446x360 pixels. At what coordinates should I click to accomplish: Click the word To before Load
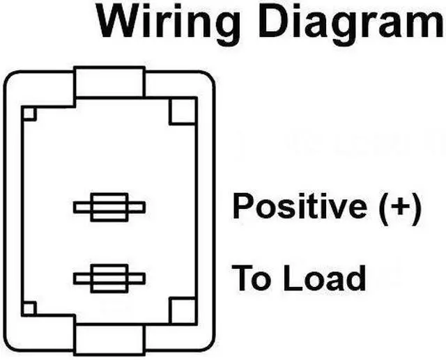pyautogui.click(x=248, y=278)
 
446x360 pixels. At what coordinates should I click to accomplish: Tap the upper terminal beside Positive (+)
pyautogui.click(x=109, y=207)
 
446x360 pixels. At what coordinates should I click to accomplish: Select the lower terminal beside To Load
pyautogui.click(x=109, y=279)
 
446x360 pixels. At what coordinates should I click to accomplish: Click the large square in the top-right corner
pyautogui.click(x=183, y=111)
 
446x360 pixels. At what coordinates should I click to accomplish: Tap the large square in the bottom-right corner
pyautogui.click(x=183, y=309)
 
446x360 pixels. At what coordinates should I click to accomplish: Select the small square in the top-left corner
pyautogui.click(x=29, y=113)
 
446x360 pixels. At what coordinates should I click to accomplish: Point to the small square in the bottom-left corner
pyautogui.click(x=29, y=308)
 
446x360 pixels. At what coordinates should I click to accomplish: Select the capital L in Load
pyautogui.click(x=291, y=278)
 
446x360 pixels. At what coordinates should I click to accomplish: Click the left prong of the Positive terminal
pyautogui.click(x=82, y=207)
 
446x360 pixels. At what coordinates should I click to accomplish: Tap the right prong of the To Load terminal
pyautogui.click(x=137, y=279)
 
